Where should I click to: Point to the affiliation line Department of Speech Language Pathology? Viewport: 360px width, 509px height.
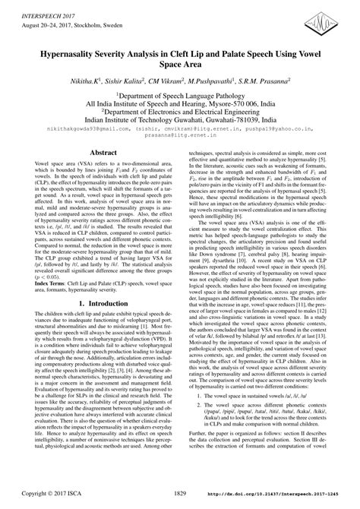[x=181, y=100]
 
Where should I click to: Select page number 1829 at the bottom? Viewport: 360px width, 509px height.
[x=180, y=494]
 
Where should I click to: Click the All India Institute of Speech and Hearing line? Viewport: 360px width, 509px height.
[x=180, y=110]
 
